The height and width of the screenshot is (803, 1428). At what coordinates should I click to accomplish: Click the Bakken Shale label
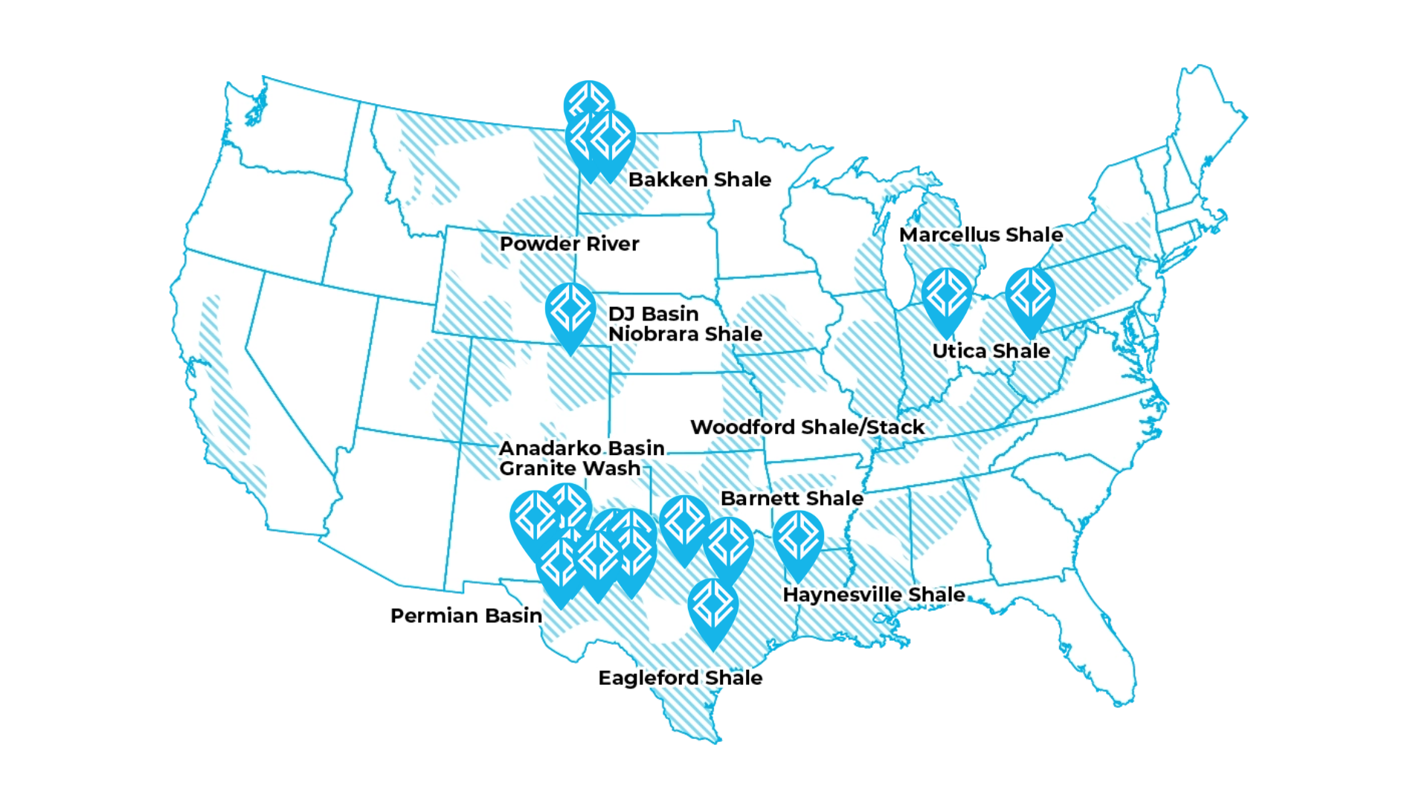point(699,180)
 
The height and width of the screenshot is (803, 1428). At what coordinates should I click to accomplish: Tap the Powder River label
point(569,244)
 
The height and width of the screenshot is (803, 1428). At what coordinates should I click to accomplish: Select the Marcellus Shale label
point(981,235)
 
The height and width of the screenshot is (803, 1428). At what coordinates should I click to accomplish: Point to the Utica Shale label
point(991,351)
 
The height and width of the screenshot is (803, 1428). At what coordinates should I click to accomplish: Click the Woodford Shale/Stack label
point(807,428)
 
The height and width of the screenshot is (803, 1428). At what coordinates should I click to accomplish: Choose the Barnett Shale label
point(792,498)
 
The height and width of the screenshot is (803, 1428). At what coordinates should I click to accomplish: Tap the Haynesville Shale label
point(874,595)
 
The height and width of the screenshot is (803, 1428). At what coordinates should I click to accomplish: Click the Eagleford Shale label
point(681,678)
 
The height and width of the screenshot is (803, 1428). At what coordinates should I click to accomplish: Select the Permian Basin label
point(466,616)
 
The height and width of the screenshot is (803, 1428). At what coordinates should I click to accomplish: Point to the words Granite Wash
point(570,468)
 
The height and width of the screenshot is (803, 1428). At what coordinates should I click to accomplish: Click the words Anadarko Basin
point(582,448)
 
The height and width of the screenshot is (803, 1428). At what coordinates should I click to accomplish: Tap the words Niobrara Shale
point(685,334)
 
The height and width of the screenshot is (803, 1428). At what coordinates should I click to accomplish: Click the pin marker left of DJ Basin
point(570,312)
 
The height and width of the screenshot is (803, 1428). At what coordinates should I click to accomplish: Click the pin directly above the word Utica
point(947,297)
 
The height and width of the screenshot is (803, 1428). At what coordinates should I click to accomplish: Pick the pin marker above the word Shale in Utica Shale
point(1030,297)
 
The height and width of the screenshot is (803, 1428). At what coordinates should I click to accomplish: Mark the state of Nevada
point(297,357)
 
